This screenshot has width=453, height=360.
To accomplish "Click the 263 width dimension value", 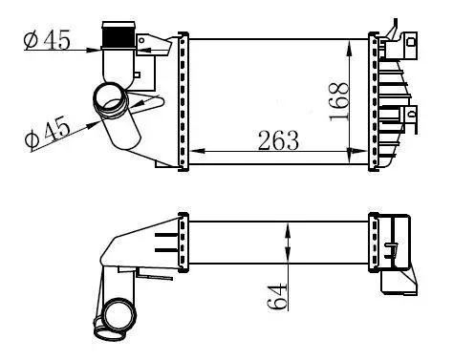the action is pos(278,140).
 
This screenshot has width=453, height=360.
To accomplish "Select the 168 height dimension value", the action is pos(339,102).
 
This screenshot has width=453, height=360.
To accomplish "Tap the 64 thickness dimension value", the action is pos(276,297).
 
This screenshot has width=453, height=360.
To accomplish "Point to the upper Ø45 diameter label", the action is pos(47,40).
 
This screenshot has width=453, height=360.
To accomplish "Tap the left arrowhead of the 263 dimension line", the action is pos(198,151).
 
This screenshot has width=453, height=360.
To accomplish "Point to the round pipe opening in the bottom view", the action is pos(120,315).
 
